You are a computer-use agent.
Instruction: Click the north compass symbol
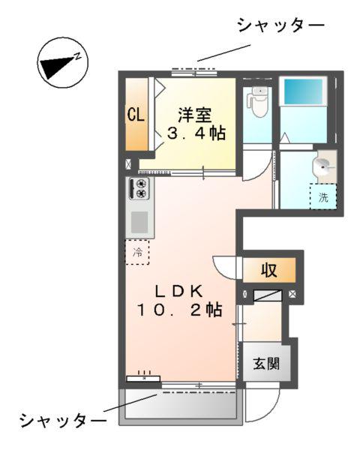(63, 61)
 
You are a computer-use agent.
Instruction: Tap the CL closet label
(136, 115)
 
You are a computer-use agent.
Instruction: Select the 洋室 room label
(194, 115)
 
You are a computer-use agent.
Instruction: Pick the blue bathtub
(304, 94)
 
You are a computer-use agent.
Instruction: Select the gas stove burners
(140, 189)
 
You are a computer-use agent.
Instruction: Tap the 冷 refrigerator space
(137, 252)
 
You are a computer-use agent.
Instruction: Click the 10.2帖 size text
(178, 310)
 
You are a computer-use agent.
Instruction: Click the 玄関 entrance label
(265, 364)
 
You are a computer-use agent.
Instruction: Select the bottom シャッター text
(64, 418)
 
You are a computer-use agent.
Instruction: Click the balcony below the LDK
(180, 405)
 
